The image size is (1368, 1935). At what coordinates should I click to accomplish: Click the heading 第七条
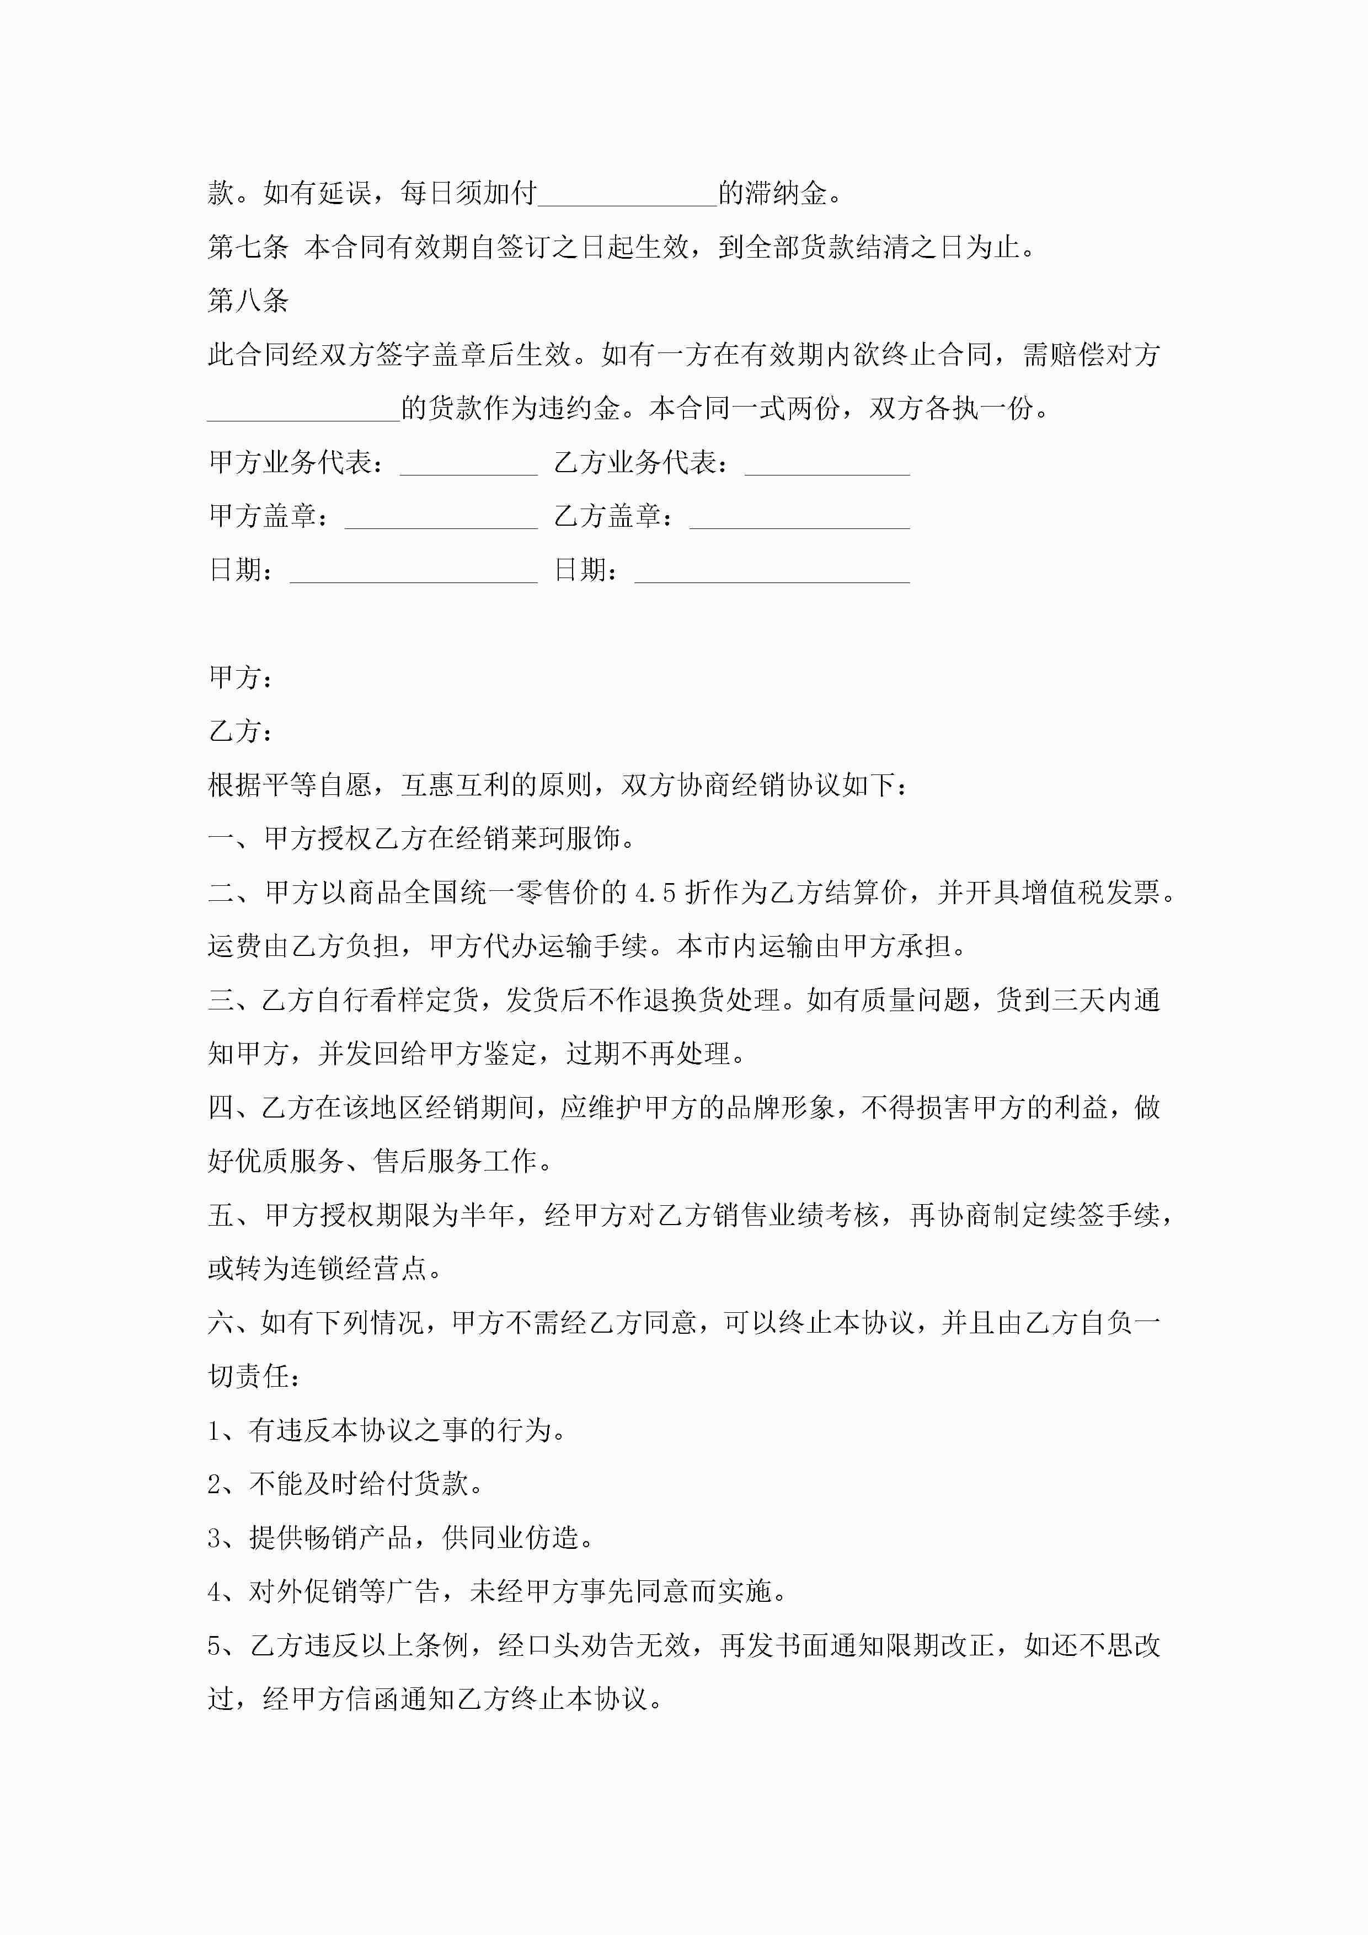click(248, 247)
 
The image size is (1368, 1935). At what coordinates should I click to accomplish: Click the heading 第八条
click(248, 301)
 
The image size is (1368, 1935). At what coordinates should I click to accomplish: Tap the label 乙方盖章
click(607, 516)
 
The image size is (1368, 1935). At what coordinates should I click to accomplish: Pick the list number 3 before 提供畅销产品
click(215, 1538)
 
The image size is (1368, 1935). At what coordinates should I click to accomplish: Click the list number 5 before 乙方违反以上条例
click(215, 1646)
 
